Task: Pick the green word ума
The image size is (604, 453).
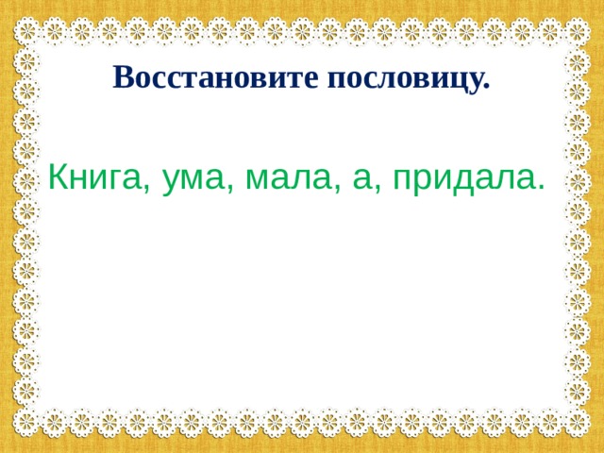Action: coord(191,176)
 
